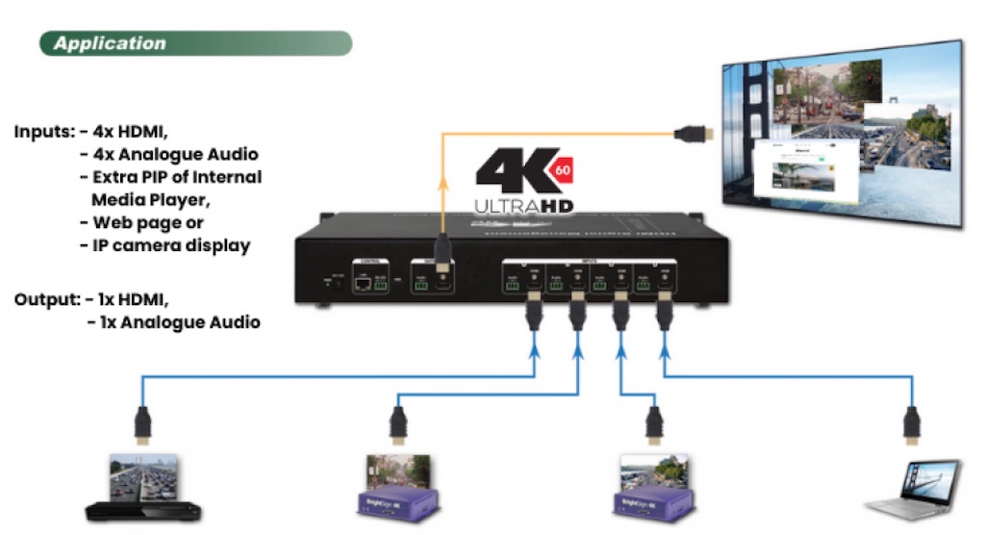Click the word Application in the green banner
coord(110,43)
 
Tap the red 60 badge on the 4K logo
coord(563,170)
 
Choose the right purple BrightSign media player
coord(655,492)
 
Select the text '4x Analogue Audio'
coord(176,154)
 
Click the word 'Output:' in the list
coord(46,299)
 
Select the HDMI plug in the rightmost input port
coord(663,312)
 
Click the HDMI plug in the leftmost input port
coord(532,312)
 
